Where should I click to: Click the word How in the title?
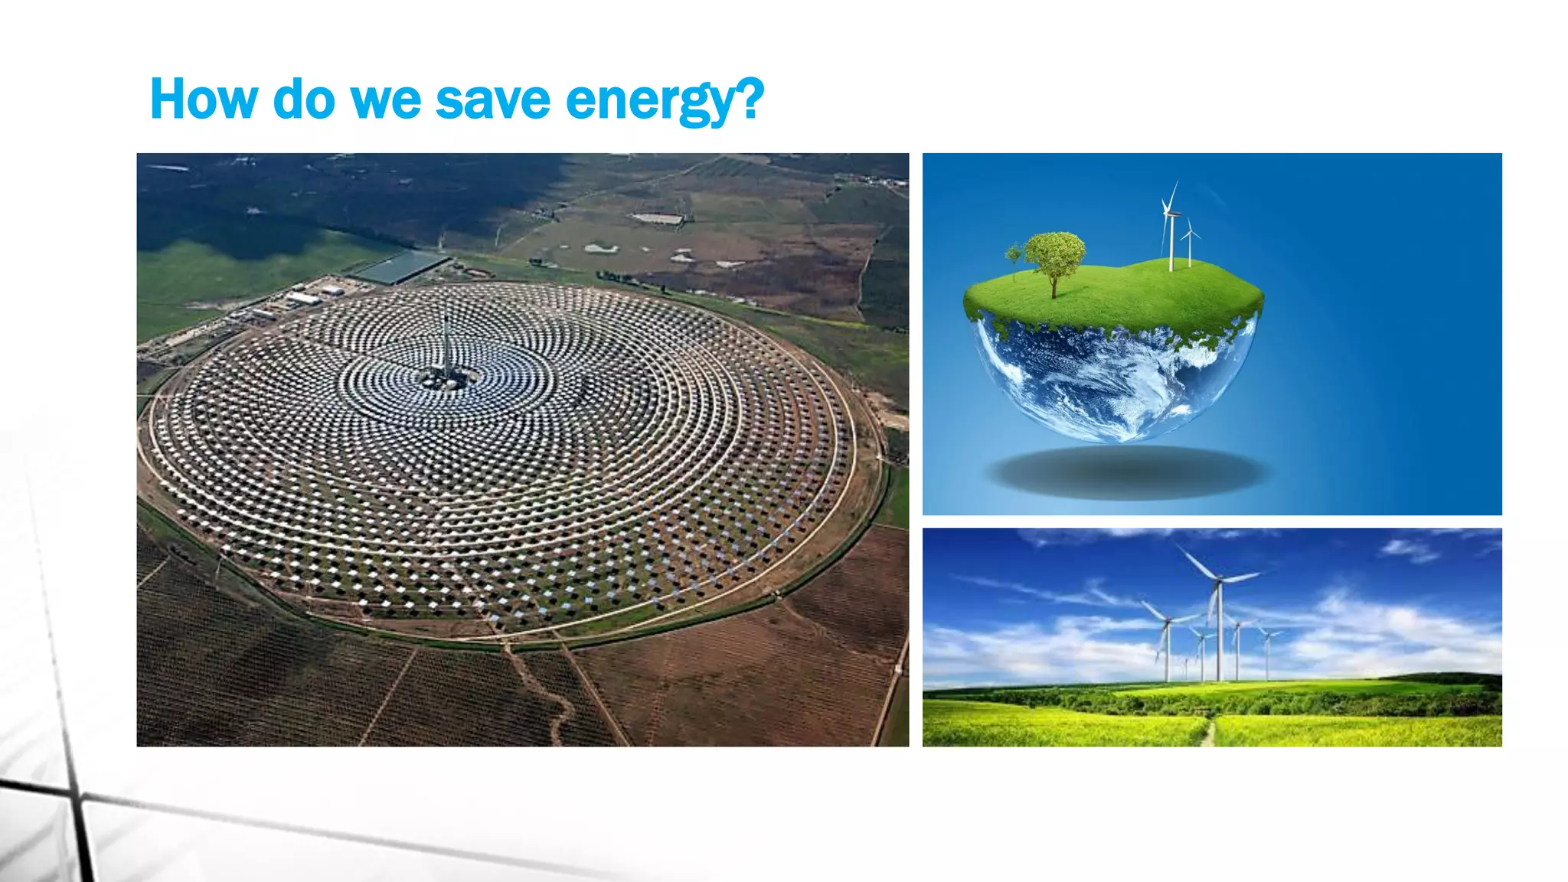pos(204,100)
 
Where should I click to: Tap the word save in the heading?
pos(492,100)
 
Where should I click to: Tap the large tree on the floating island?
pos(1055,256)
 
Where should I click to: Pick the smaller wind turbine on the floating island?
pos(1189,243)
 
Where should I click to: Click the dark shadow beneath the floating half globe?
pos(1129,472)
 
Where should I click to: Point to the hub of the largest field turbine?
pos(1218,580)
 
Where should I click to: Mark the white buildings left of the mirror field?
pos(306,297)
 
